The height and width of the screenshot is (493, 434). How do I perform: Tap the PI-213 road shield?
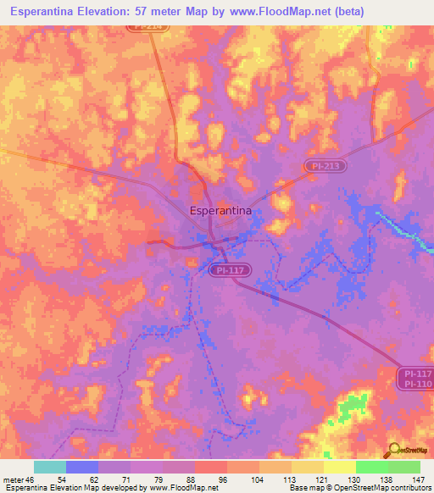325,166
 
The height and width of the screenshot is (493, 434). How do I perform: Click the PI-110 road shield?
415,385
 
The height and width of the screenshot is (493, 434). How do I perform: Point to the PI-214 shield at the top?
150,26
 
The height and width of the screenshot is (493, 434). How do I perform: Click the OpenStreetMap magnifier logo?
395,450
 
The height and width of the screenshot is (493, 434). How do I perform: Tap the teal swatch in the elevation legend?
49,467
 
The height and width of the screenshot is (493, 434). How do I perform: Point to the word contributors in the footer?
409,488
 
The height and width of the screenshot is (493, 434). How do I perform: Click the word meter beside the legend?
14,479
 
